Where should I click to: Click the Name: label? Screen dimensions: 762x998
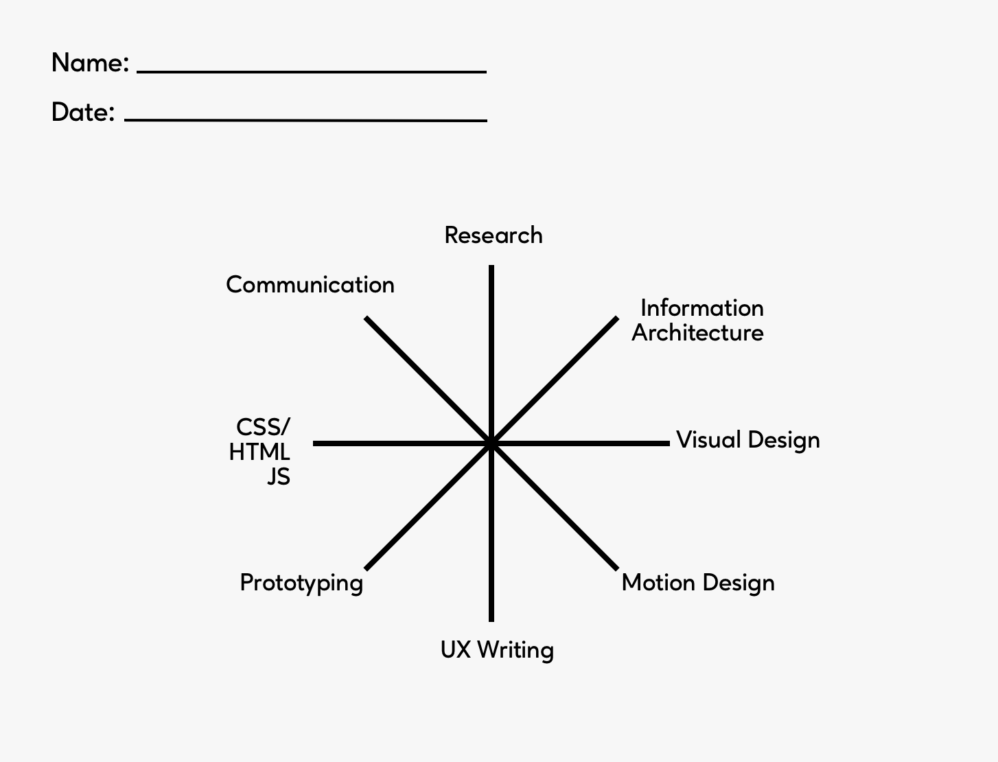coord(90,63)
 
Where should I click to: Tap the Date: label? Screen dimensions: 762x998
coord(82,112)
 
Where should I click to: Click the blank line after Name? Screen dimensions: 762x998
coord(312,71)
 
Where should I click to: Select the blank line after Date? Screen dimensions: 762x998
coord(305,120)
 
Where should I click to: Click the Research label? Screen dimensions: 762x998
coord(494,235)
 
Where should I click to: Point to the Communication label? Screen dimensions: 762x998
coord(310,285)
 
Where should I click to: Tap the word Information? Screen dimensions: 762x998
coord(701,308)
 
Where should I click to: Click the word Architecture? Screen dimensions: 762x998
coord(697,333)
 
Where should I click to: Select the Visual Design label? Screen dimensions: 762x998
coord(747,440)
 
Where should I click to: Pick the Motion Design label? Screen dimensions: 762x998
coord(698,583)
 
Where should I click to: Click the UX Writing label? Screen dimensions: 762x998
coord(497,650)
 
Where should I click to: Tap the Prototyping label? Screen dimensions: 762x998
coord(301,583)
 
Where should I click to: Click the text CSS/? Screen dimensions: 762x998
coord(263,428)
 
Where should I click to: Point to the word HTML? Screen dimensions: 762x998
coord(259,452)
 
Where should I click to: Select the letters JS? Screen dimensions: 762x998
coord(279,476)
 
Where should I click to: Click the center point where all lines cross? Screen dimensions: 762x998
coord(491,443)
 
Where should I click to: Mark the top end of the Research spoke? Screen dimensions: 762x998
coord(491,267)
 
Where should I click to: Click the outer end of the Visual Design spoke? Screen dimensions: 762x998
coord(668,443)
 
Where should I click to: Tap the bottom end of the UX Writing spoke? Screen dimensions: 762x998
coord(491,620)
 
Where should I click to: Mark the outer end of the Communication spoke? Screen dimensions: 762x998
coord(367,318)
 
